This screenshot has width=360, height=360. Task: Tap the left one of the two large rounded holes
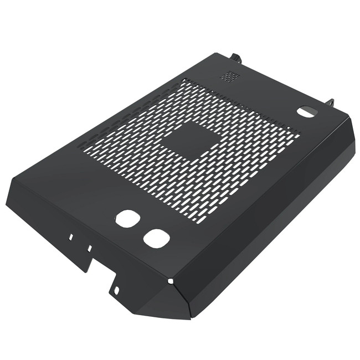(126, 218)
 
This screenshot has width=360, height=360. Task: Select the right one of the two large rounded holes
(156, 238)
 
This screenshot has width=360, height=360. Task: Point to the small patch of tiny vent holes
(230, 76)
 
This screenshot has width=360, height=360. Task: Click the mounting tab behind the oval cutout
(331, 103)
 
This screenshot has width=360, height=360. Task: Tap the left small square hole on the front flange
(71, 236)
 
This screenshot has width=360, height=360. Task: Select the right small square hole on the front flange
(89, 248)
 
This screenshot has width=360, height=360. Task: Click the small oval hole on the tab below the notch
(117, 289)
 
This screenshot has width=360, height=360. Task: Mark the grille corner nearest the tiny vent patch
(183, 80)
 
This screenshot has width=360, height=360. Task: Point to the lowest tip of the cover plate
(188, 318)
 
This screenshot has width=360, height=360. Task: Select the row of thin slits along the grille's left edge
(127, 116)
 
